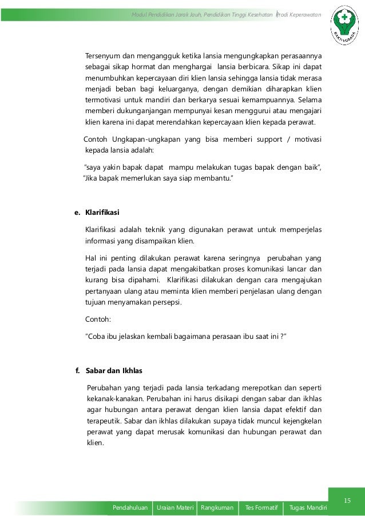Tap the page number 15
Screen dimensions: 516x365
(347, 501)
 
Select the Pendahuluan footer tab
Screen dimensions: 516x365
(131, 507)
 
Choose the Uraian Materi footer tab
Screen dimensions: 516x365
(174, 507)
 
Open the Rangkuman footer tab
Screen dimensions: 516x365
(217, 507)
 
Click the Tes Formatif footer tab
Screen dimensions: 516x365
(261, 507)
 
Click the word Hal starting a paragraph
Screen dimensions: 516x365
(90, 258)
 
